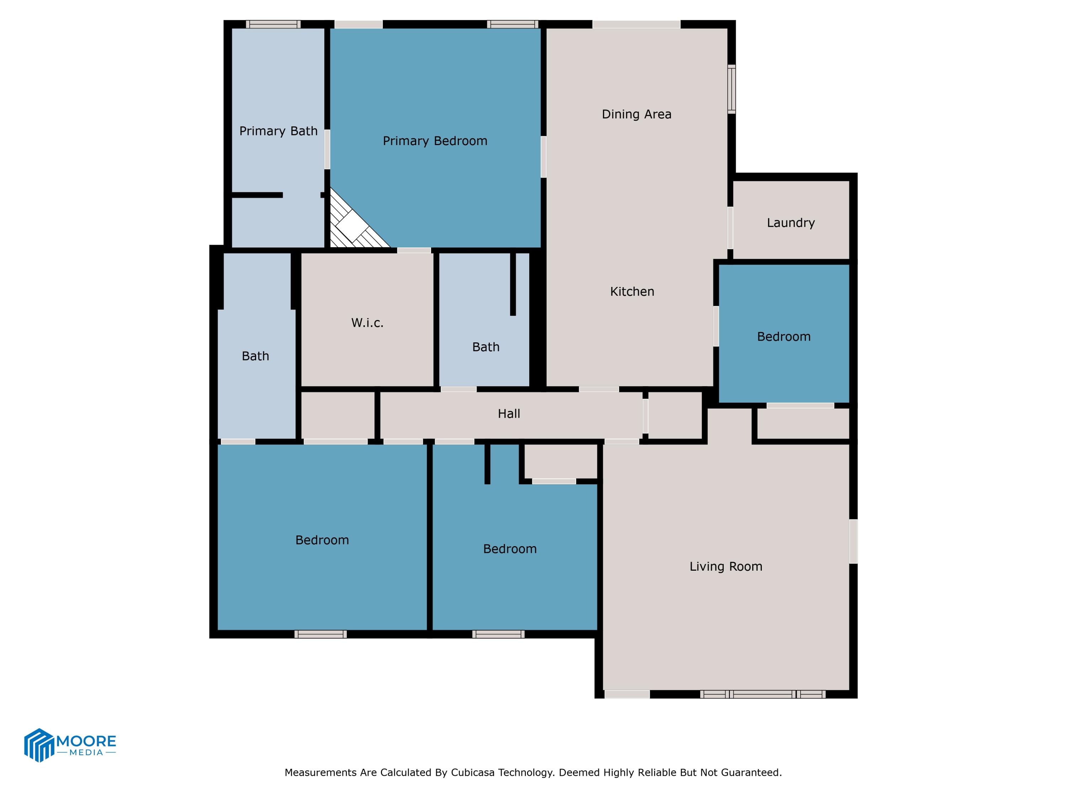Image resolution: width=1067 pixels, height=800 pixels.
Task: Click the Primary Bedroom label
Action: (x=435, y=141)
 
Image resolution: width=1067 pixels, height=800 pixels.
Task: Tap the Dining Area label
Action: (x=636, y=114)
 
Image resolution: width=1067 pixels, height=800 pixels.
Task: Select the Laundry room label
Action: (x=791, y=223)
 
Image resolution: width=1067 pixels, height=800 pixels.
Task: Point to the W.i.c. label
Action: (x=367, y=322)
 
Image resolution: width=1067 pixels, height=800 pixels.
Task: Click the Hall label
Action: (x=509, y=414)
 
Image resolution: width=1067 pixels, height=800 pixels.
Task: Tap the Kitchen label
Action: (x=632, y=291)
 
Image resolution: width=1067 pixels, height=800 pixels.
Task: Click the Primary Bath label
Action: (x=278, y=131)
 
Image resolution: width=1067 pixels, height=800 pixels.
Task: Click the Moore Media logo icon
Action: (x=38, y=745)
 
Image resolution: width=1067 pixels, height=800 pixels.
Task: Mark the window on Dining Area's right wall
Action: (x=731, y=89)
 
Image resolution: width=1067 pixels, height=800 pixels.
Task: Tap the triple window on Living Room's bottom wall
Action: (x=763, y=694)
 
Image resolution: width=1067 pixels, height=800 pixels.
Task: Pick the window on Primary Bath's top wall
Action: (x=273, y=24)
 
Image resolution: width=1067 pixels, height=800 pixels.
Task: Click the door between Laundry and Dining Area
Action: (x=730, y=228)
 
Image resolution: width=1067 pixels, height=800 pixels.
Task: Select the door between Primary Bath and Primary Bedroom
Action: (x=327, y=149)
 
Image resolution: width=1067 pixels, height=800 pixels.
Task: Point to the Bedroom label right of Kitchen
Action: (x=784, y=337)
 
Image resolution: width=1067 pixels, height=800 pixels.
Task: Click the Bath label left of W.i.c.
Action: (x=255, y=356)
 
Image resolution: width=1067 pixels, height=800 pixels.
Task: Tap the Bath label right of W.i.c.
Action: (x=485, y=347)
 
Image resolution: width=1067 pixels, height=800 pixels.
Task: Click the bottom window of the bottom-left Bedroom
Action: (x=321, y=634)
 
